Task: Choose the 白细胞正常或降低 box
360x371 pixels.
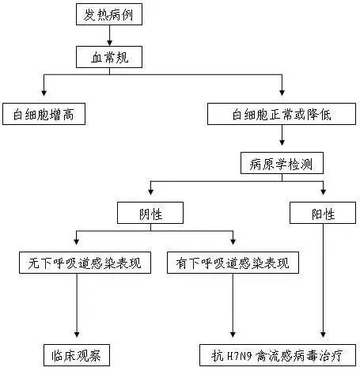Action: [x=282, y=114]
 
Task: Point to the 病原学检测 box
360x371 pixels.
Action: [x=282, y=164]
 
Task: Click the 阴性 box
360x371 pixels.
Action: [x=150, y=213]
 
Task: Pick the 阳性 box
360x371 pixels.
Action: [x=322, y=213]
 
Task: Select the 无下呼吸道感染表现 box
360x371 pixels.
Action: [x=77, y=263]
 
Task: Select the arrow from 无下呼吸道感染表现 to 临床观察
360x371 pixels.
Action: [x=77, y=309]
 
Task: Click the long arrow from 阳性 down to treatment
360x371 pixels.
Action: [x=322, y=285]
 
